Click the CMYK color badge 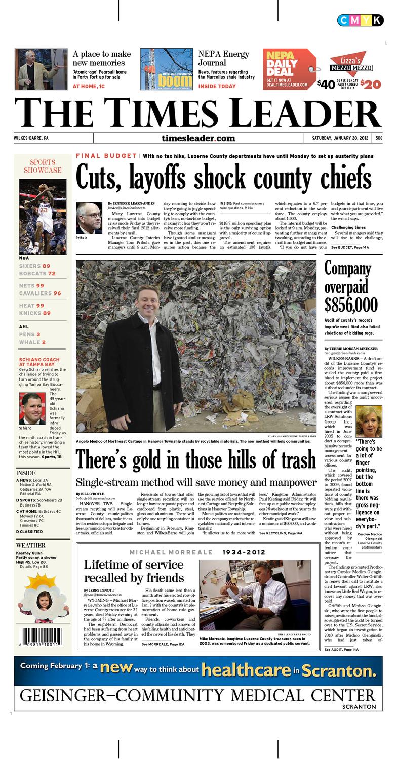pyautogui.click(x=360, y=20)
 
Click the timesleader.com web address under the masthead pyautogui.click(x=198, y=138)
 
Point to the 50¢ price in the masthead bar pyautogui.click(x=378, y=138)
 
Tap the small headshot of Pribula pyautogui.click(x=89, y=218)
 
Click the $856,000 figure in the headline pyautogui.click(x=351, y=305)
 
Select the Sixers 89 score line pyautogui.click(x=35, y=266)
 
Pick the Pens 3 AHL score pyautogui.click(x=30, y=335)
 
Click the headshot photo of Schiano pyautogui.click(x=32, y=408)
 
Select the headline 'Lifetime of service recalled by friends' pyautogui.click(x=134, y=571)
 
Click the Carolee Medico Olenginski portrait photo pyautogui.click(x=369, y=421)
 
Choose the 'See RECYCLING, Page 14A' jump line pyautogui.click(x=281, y=533)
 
